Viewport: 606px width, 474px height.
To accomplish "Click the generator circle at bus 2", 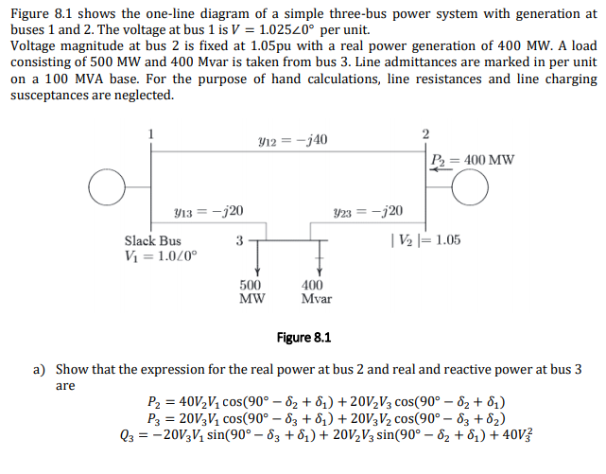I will (x=470, y=187).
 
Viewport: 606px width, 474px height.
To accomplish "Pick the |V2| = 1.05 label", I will (x=425, y=240).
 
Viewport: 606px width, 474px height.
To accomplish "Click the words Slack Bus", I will (x=152, y=241).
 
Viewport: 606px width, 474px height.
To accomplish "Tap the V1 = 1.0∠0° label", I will (x=157, y=257).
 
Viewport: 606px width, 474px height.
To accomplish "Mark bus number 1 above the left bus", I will (x=148, y=132).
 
